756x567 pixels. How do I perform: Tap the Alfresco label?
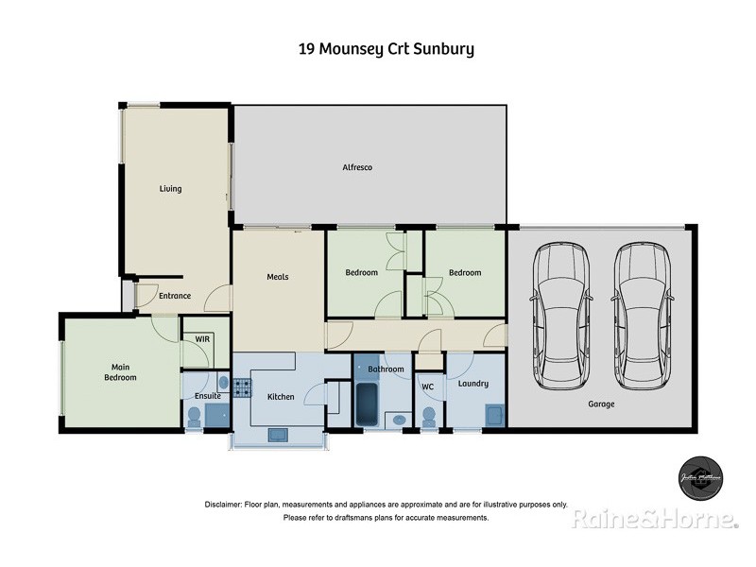click(357, 167)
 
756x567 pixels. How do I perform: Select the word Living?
click(170, 189)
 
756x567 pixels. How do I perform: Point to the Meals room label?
click(277, 277)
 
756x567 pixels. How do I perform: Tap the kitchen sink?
click(279, 435)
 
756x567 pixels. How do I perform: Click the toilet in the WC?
click(428, 417)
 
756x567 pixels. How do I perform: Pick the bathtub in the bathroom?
click(367, 404)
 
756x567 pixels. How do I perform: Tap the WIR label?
click(202, 338)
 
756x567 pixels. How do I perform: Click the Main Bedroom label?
click(120, 372)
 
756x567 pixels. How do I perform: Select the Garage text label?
click(601, 404)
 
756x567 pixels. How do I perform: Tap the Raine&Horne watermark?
click(654, 519)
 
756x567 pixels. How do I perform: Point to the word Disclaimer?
click(222, 505)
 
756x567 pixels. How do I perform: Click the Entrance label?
click(175, 296)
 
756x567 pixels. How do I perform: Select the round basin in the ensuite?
click(223, 383)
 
